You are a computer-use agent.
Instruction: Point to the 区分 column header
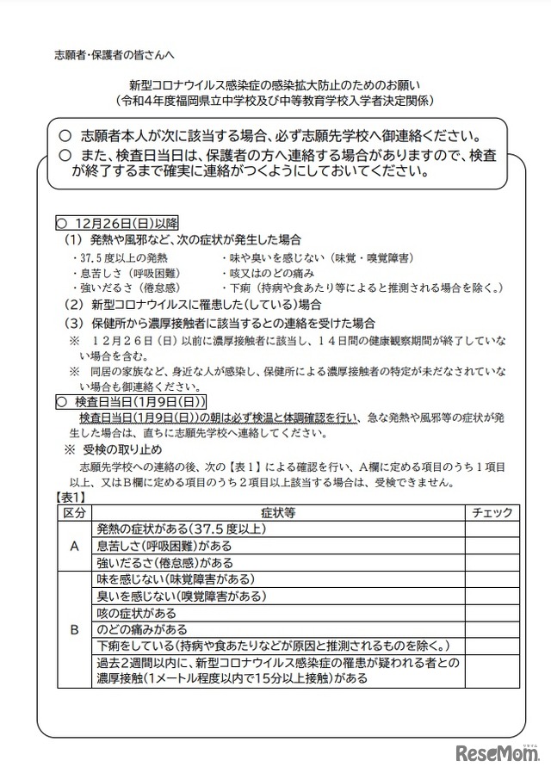point(74,513)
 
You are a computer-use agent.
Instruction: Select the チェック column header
point(492,513)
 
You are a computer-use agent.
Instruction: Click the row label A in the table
point(74,546)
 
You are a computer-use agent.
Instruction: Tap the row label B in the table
point(74,629)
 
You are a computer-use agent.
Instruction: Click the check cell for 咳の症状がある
point(492,613)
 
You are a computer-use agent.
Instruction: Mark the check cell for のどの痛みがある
point(492,629)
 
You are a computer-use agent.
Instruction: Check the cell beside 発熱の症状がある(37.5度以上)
point(492,529)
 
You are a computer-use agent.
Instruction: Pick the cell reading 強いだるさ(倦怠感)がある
point(165,563)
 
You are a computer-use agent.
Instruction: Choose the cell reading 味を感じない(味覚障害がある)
point(175,580)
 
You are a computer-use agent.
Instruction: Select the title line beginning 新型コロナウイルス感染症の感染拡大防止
point(275,85)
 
